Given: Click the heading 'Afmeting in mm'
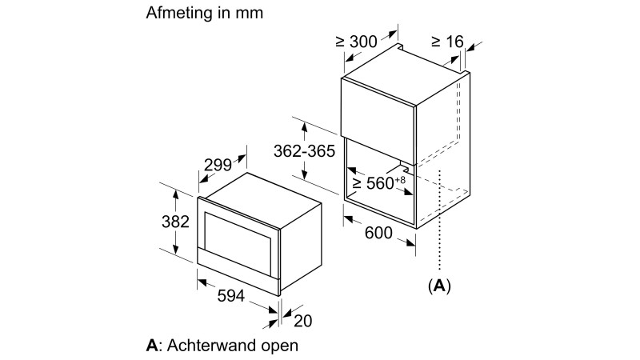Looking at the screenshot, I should point(204,14).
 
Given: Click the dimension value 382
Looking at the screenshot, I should point(175,221).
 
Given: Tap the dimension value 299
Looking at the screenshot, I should point(218,166).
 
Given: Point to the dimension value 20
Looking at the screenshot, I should point(302,321).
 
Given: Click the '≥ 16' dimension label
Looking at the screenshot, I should point(447,41).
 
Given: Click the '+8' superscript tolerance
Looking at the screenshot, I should point(401,178).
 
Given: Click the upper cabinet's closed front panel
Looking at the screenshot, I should point(379,108).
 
